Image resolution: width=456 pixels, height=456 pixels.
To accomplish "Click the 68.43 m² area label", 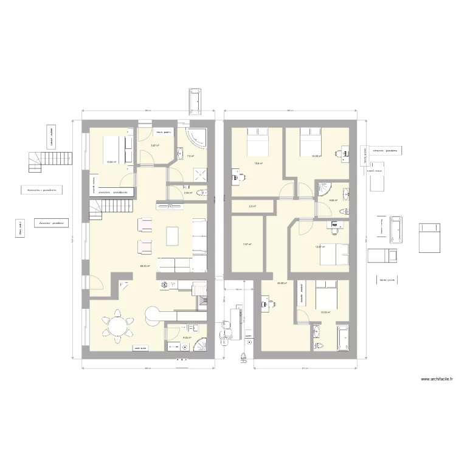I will pos(145,266).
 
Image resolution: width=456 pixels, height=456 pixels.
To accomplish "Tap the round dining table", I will pos(116,325).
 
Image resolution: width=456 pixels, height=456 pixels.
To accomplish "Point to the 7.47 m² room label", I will pos(247,244).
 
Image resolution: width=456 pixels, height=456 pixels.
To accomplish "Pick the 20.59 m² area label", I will pos(282,283).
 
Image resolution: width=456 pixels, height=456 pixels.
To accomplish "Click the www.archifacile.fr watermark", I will pos(437,378).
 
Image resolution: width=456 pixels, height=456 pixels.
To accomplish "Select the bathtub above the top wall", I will pos(195,98).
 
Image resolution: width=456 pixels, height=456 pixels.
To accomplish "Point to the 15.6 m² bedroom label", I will pos(258,163).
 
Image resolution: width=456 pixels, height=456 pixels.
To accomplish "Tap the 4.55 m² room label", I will pos(187,338).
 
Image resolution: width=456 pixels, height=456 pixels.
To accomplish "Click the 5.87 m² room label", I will pos(155,145).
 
